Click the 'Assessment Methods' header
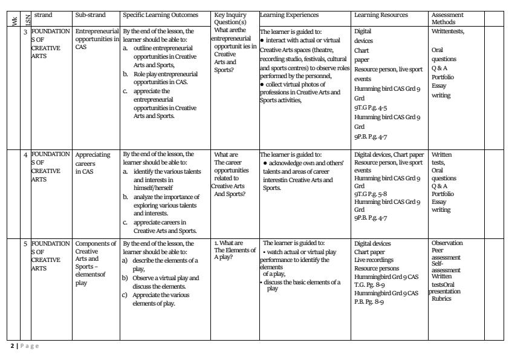(448, 18)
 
